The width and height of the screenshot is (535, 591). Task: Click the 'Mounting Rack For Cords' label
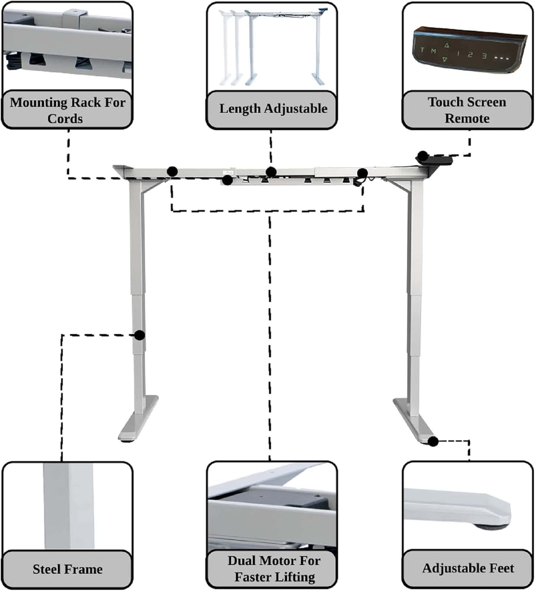[67, 110]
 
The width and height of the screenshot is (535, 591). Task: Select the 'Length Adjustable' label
[274, 109]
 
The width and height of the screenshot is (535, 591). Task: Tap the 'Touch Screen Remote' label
[467, 110]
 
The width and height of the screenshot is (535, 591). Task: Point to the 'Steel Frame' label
[68, 569]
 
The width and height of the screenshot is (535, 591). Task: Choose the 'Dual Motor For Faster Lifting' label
[274, 569]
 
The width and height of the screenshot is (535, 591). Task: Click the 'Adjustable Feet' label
[468, 568]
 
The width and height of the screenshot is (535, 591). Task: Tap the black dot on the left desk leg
[140, 335]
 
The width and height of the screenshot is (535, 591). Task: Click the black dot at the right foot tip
[433, 442]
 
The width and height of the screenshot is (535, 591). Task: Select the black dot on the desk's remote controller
[422, 156]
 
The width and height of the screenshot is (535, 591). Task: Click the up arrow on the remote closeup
[447, 45]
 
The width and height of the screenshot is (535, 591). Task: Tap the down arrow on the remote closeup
[445, 59]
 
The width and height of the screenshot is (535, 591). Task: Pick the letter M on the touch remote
[433, 51]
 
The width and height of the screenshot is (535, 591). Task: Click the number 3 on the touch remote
[484, 56]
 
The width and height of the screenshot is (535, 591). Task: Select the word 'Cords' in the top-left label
[65, 119]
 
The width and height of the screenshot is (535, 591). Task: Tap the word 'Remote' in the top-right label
[467, 118]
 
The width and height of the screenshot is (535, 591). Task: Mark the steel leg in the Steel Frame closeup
[68, 506]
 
